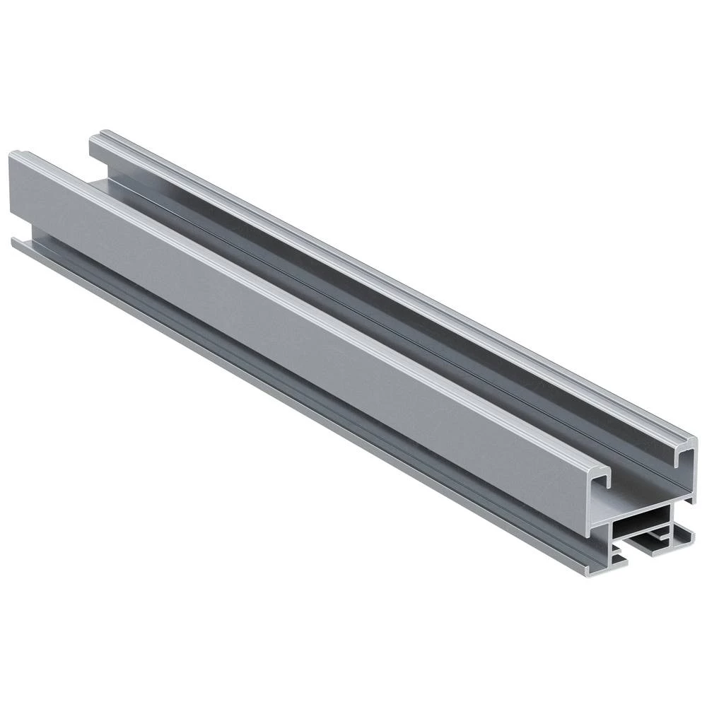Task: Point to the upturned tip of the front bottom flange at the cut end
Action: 586,569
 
